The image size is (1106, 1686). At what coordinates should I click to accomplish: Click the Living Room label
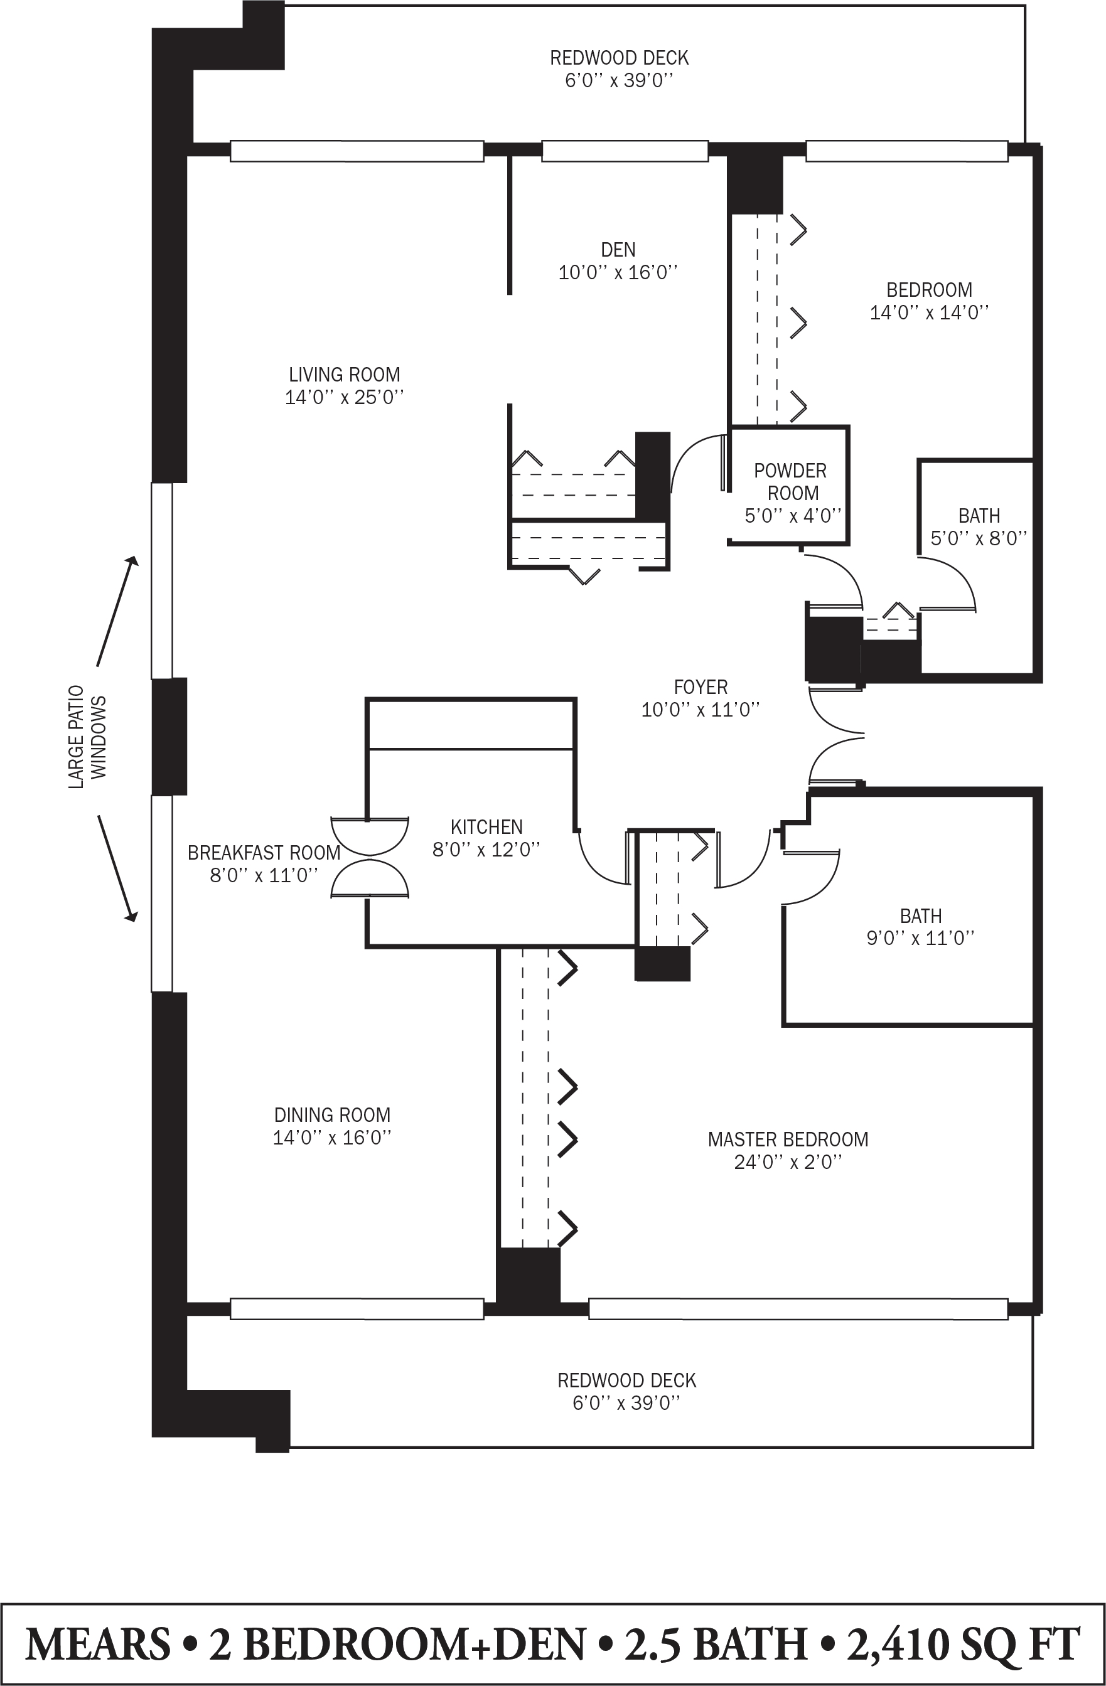pyautogui.click(x=345, y=375)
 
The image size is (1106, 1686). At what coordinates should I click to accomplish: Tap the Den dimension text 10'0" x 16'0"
pyautogui.click(x=618, y=273)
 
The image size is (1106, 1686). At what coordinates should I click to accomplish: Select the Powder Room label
pyautogui.click(x=791, y=482)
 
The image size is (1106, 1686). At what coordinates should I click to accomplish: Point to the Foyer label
pyautogui.click(x=701, y=687)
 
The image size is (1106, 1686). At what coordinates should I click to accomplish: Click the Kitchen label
pyautogui.click(x=486, y=827)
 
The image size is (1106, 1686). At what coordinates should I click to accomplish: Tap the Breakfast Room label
pyautogui.click(x=264, y=853)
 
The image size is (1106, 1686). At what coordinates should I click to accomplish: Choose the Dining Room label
pyautogui.click(x=332, y=1115)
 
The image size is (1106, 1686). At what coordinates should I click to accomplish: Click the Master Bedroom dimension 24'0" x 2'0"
pyautogui.click(x=788, y=1163)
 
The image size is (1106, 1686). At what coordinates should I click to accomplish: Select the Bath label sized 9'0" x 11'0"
pyautogui.click(x=920, y=917)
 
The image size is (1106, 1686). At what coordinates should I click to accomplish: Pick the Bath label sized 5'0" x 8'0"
pyautogui.click(x=979, y=516)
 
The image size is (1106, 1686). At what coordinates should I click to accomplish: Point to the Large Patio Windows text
pyautogui.click(x=87, y=737)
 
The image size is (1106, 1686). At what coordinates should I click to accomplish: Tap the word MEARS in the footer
pyautogui.click(x=98, y=1644)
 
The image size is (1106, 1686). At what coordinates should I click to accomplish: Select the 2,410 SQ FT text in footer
pyautogui.click(x=964, y=1644)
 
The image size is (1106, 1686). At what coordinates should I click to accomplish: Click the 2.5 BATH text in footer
pyautogui.click(x=716, y=1644)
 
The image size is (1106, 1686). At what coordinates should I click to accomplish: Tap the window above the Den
pyautogui.click(x=625, y=151)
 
